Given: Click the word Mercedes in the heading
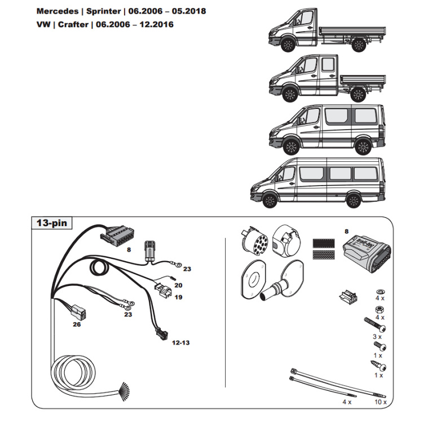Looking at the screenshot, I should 57,11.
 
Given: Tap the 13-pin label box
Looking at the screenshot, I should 51,223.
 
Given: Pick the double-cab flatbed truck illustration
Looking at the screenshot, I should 326,82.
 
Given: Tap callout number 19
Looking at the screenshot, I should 178,297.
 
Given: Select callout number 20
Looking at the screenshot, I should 178,286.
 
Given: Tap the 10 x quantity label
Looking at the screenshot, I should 381,402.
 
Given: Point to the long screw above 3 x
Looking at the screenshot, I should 374,326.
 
